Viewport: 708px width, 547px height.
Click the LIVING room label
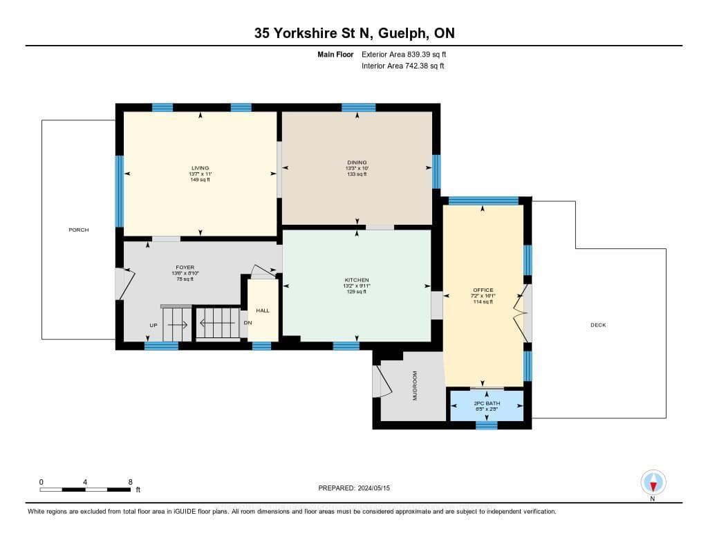pos(200,168)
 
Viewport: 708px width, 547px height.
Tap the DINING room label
pos(357,163)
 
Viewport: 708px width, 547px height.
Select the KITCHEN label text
pos(357,280)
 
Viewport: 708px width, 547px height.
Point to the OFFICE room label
pos(483,290)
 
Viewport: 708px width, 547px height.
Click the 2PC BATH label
pos(487,403)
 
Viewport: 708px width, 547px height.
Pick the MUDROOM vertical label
pos(415,386)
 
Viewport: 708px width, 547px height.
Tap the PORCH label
pos(79,230)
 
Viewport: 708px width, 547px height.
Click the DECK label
pos(598,325)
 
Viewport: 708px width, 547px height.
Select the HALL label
pos(263,310)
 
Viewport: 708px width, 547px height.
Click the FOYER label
pos(185,268)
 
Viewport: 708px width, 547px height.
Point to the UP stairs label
pos(153,325)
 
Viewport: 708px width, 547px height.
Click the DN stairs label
pos(248,323)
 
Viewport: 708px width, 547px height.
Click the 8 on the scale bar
pos(130,483)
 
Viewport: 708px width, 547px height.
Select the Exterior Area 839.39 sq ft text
pos(404,54)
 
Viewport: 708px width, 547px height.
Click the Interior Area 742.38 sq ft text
pos(403,66)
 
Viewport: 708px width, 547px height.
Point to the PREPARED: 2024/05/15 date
pos(354,488)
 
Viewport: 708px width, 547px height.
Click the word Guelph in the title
pos(402,33)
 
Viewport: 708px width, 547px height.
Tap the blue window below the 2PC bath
pos(487,425)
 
